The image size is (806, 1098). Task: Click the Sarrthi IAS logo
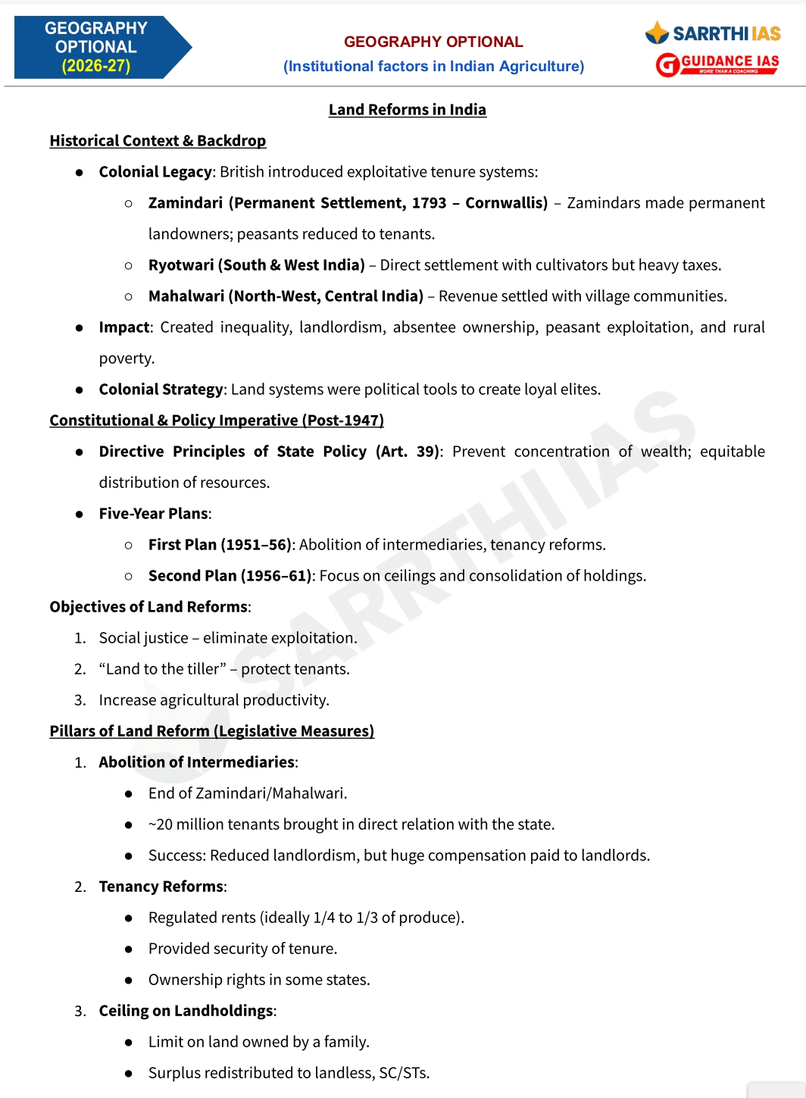[713, 33]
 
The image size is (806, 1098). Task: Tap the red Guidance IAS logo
[717, 64]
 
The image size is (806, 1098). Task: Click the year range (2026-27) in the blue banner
[95, 66]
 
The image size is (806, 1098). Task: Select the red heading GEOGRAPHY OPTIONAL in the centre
[433, 42]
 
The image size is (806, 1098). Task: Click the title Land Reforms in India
[408, 110]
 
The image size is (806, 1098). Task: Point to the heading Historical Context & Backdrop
[158, 141]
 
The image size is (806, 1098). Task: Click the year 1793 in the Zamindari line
[430, 203]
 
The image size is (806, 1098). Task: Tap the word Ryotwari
[181, 265]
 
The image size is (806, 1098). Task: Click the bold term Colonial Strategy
[161, 389]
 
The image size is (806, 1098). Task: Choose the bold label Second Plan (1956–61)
[230, 576]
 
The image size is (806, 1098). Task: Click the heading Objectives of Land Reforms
[148, 607]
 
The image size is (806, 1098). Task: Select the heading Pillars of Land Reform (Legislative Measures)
[212, 731]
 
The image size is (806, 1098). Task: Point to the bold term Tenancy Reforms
[161, 887]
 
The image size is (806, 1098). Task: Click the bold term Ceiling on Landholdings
[186, 1011]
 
